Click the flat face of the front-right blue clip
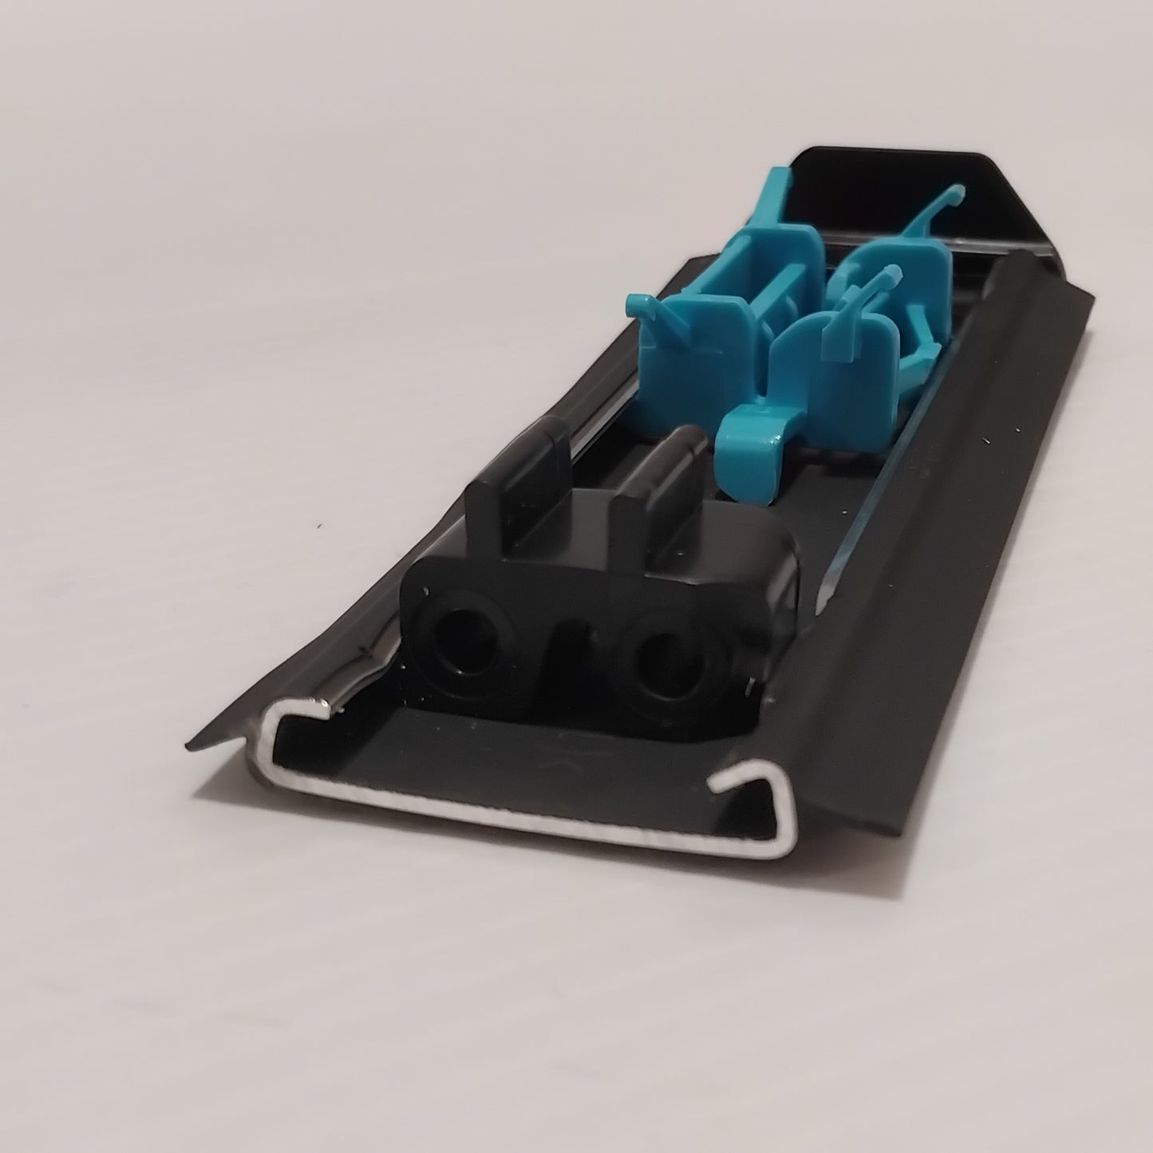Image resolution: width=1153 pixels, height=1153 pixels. (x=814, y=351)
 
